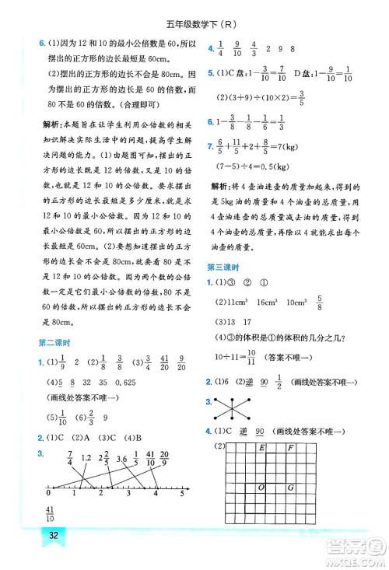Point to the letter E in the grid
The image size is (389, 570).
(x=261, y=448)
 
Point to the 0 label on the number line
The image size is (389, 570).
(x=47, y=493)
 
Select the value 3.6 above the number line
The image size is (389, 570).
(x=121, y=459)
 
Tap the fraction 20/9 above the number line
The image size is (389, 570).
(x=165, y=459)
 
